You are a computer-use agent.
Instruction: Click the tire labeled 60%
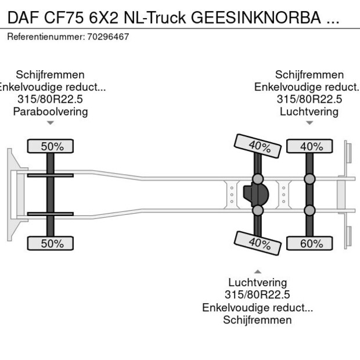(x=311, y=244)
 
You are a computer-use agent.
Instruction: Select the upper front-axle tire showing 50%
(x=52, y=147)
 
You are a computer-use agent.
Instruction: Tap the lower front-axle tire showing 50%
(x=52, y=244)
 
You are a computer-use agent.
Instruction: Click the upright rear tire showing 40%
(x=311, y=147)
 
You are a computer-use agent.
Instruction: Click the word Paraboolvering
(x=51, y=111)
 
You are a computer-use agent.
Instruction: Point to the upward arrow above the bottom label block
(x=257, y=271)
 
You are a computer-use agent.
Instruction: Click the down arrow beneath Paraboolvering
(x=51, y=123)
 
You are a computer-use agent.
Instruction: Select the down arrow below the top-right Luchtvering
(x=309, y=123)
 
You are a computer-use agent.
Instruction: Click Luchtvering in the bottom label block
(x=257, y=283)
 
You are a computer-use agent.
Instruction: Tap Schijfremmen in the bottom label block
(x=257, y=320)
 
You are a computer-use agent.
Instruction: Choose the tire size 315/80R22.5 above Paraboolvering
(x=51, y=99)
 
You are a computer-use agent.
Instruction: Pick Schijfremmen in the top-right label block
(x=309, y=75)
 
